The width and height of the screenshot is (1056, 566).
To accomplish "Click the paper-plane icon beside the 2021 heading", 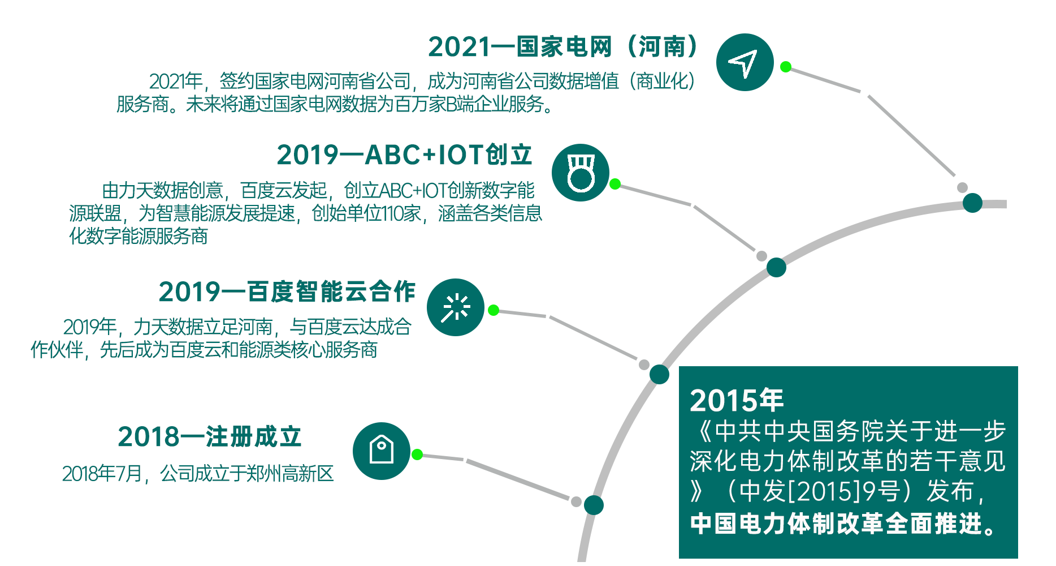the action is coord(745,62).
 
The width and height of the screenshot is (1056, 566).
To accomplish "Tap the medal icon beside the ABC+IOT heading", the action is coord(581,173).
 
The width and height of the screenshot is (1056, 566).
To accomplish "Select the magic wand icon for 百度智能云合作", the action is coord(456,307).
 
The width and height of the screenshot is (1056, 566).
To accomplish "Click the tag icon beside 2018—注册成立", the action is coord(382,451).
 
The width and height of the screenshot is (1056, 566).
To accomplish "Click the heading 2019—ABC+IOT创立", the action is coord(405,155).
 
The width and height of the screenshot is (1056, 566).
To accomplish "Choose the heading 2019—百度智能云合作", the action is coord(287,291).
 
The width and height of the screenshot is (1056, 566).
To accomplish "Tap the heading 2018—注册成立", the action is coord(210,436).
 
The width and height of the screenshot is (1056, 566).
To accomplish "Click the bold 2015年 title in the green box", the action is coord(737,400).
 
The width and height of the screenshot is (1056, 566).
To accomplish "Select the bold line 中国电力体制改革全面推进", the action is coord(842,524).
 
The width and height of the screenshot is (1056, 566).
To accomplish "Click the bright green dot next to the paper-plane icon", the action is coord(786,67).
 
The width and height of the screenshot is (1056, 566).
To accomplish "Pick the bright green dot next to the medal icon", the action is coord(615,184).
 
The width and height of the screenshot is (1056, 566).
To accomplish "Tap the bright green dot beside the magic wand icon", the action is coord(494,310).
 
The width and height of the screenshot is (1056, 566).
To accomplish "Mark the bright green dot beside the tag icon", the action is coord(417,454).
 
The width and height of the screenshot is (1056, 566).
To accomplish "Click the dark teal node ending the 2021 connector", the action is coord(972,203).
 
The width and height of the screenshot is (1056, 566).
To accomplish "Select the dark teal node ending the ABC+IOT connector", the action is coord(776,267).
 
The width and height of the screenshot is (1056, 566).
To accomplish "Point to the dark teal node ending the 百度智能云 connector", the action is coord(659,374).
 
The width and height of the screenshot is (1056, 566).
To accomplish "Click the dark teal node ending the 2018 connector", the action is coord(594,505).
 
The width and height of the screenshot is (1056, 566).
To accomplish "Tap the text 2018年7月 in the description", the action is coord(102,474).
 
